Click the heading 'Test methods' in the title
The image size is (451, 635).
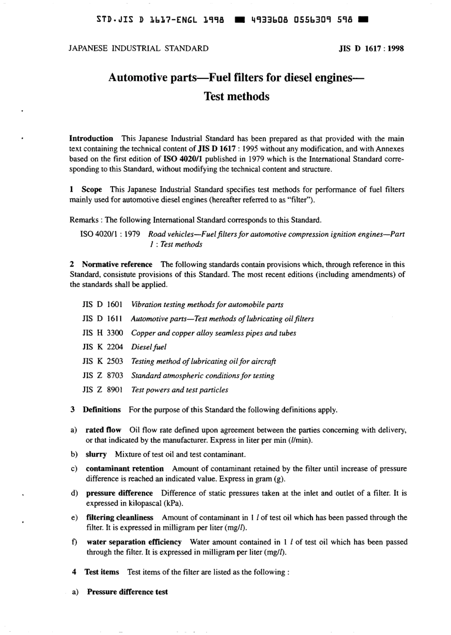click(236, 96)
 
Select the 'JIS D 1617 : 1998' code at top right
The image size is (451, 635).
click(371, 48)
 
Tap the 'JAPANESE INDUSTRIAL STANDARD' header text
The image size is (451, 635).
click(139, 48)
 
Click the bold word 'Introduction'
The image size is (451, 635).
click(91, 139)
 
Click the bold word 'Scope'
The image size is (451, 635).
click(92, 189)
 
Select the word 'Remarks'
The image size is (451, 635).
click(85, 220)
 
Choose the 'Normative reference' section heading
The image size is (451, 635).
click(117, 264)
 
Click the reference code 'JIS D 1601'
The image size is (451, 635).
click(103, 305)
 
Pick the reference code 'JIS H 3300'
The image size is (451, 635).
click(103, 333)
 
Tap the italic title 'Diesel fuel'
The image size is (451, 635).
click(149, 347)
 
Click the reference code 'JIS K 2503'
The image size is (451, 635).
click(103, 361)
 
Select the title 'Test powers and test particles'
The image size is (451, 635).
click(179, 390)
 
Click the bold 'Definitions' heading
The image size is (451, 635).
click(102, 410)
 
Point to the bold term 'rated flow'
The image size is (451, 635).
click(103, 430)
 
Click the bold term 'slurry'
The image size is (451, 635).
click(96, 454)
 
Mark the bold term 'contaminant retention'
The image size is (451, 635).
click(124, 468)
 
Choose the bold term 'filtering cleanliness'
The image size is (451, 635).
click(120, 517)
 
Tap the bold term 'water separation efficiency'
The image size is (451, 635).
click(134, 542)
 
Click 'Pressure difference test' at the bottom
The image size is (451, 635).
click(127, 592)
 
